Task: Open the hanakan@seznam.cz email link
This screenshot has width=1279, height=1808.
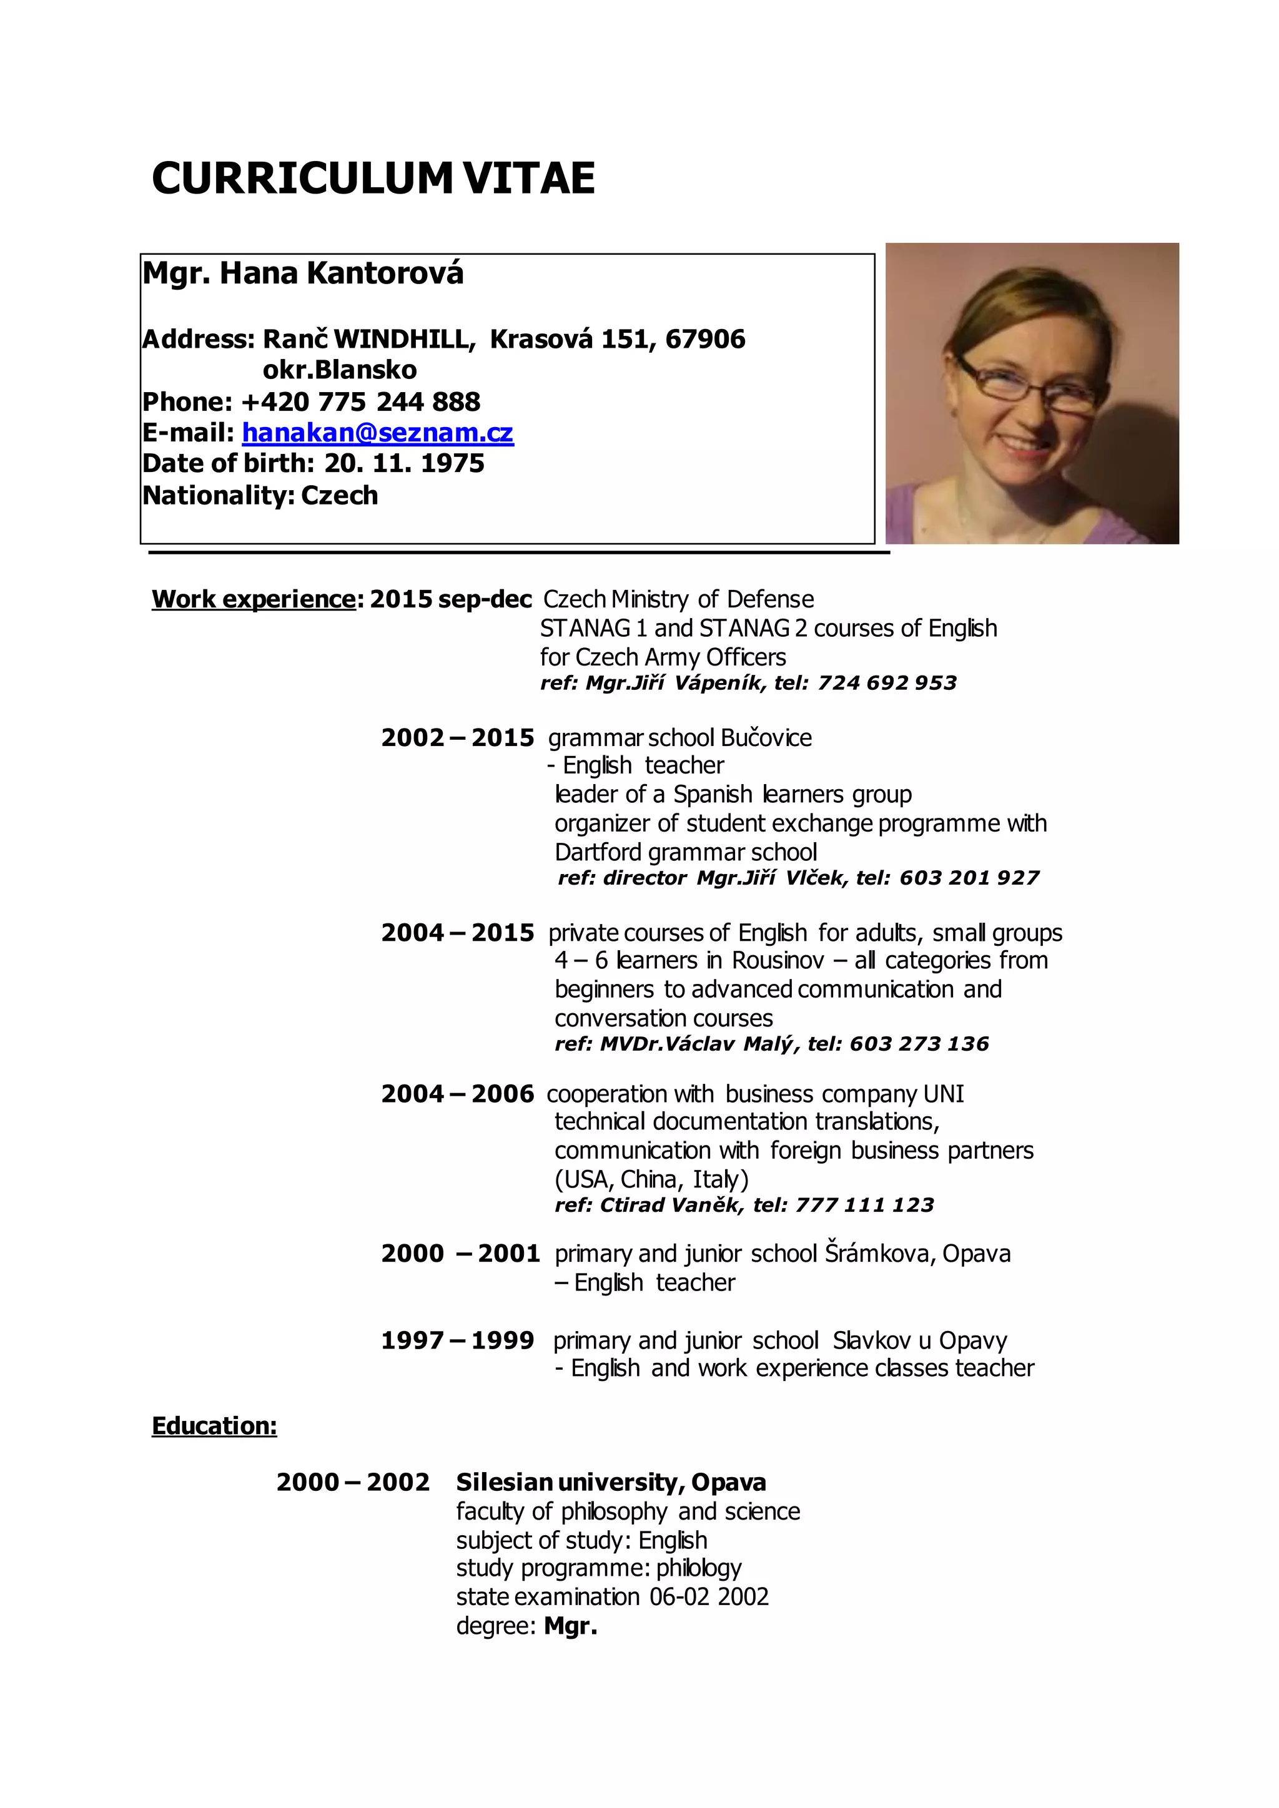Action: point(377,433)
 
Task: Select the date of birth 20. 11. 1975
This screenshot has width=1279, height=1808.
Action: point(404,463)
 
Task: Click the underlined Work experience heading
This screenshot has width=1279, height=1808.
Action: point(254,599)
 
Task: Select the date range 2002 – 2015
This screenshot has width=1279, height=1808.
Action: point(458,738)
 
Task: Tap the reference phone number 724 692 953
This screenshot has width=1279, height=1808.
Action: point(887,683)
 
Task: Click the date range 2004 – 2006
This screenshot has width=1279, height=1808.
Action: point(458,1094)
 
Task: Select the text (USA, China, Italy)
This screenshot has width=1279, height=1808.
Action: point(651,1179)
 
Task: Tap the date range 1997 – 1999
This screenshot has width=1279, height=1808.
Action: point(458,1340)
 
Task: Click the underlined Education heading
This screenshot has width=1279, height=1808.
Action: point(214,1426)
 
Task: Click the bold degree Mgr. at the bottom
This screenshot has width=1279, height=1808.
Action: point(570,1626)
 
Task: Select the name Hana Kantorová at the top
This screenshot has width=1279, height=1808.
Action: point(341,273)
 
